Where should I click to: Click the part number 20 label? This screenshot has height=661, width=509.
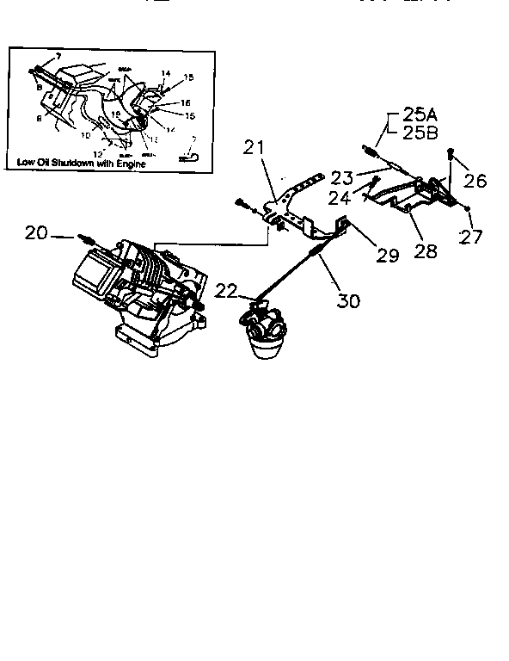36,232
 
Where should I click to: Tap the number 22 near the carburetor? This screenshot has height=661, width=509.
226,292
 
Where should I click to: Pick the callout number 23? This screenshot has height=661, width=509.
342,179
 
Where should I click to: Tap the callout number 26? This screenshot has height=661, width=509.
475,181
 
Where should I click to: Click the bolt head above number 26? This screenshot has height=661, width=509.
451,153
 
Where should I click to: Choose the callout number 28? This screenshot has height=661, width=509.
425,250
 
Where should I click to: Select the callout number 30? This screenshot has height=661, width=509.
348,300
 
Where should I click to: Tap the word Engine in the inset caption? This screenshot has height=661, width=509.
129,162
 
